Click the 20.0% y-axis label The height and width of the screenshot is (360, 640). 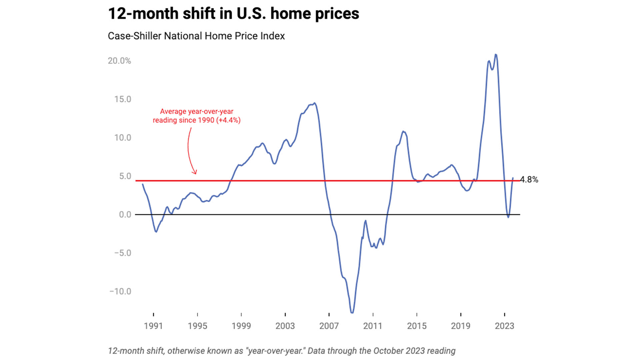pos(119,61)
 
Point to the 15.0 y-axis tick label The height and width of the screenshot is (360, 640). pos(123,99)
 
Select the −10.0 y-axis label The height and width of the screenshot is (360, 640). pos(120,291)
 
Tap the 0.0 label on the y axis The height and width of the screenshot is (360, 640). pos(125,214)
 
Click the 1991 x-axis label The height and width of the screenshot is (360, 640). pos(153,326)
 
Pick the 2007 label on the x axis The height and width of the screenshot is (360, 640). pos(329,326)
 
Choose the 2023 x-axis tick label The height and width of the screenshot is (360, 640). pos(504,326)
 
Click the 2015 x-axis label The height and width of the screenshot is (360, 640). pos(417,326)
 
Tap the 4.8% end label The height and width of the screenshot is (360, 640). pos(529,179)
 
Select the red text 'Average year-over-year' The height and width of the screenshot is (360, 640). pos(197,111)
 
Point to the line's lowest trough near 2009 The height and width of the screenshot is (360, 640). pos(352,312)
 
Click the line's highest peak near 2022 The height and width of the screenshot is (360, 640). pos(496,54)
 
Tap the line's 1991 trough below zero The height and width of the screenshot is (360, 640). pos(156,232)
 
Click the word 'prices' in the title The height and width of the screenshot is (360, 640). pos(337,14)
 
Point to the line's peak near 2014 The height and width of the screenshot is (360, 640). pos(403,131)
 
